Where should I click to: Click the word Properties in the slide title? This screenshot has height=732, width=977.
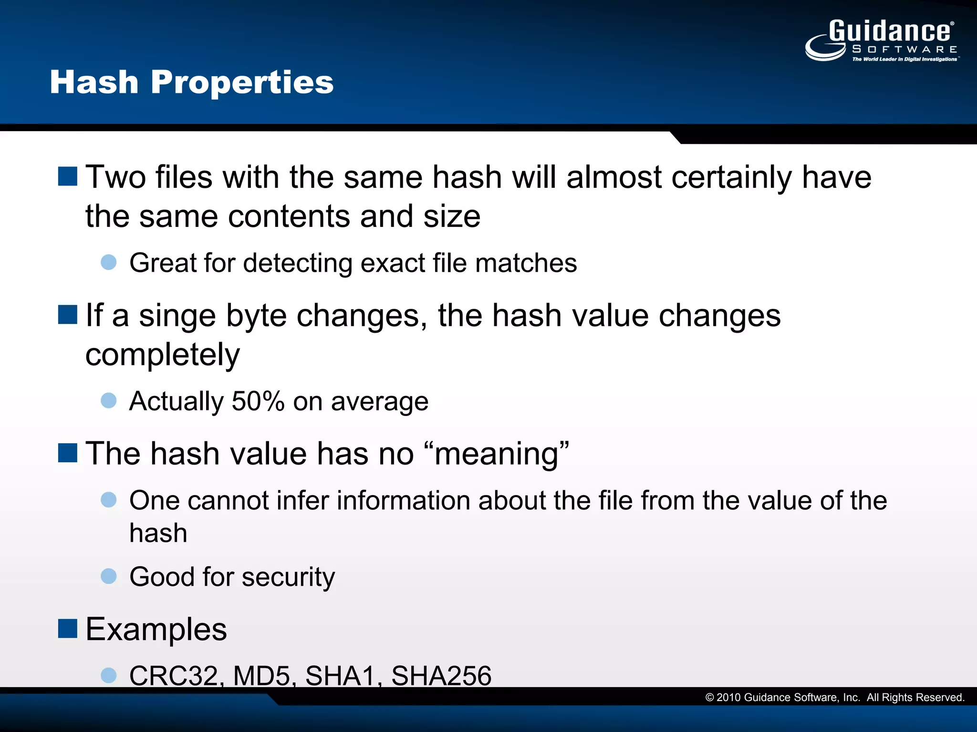(x=242, y=83)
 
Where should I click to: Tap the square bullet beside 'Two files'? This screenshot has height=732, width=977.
(x=68, y=176)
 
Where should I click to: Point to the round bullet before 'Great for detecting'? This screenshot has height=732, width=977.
(x=109, y=262)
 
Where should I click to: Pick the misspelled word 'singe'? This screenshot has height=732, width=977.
(x=177, y=316)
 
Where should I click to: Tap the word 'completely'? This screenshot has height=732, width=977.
(x=163, y=356)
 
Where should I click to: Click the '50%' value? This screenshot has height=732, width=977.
(x=258, y=401)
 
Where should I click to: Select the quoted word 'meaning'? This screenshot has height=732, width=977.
(x=496, y=454)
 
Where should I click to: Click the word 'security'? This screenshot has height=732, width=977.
(x=288, y=577)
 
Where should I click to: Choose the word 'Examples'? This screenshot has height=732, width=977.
(x=156, y=630)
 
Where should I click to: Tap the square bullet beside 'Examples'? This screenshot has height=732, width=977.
(x=68, y=629)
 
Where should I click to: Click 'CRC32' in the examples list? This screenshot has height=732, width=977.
(x=174, y=676)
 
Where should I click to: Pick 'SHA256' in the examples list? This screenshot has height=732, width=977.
(x=441, y=676)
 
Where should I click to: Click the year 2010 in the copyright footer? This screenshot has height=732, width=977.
(x=728, y=698)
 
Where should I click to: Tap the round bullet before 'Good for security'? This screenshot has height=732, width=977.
(x=109, y=576)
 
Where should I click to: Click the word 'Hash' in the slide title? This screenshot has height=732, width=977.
(x=94, y=83)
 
